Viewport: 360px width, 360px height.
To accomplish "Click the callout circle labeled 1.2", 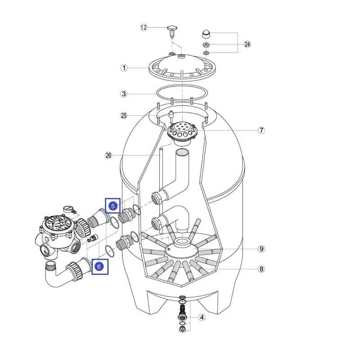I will pos(144,27).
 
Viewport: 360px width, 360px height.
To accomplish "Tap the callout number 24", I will pos(247,44).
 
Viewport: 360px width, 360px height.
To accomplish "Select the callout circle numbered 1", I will pos(124,68).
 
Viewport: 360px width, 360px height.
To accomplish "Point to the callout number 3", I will pos(124,94).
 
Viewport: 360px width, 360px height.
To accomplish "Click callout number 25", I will pos(124,116).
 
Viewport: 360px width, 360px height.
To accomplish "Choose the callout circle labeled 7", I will pos(261,130).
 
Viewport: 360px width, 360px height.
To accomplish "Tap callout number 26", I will pos(108,156).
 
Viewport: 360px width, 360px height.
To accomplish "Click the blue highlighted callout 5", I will pos(113,206).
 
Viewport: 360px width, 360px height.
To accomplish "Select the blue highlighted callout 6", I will pos(100,266).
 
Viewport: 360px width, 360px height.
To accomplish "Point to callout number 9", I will pos(261,248).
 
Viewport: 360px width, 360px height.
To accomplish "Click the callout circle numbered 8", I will pos(261,270).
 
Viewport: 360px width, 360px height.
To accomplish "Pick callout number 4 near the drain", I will pos(202,317).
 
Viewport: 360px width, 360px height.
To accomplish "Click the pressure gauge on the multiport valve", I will pos(67,210).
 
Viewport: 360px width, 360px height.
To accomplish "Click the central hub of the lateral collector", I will pos(184,247).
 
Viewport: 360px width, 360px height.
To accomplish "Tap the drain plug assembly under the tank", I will pos(182,313).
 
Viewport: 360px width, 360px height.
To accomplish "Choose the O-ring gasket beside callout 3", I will pos(182,94).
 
